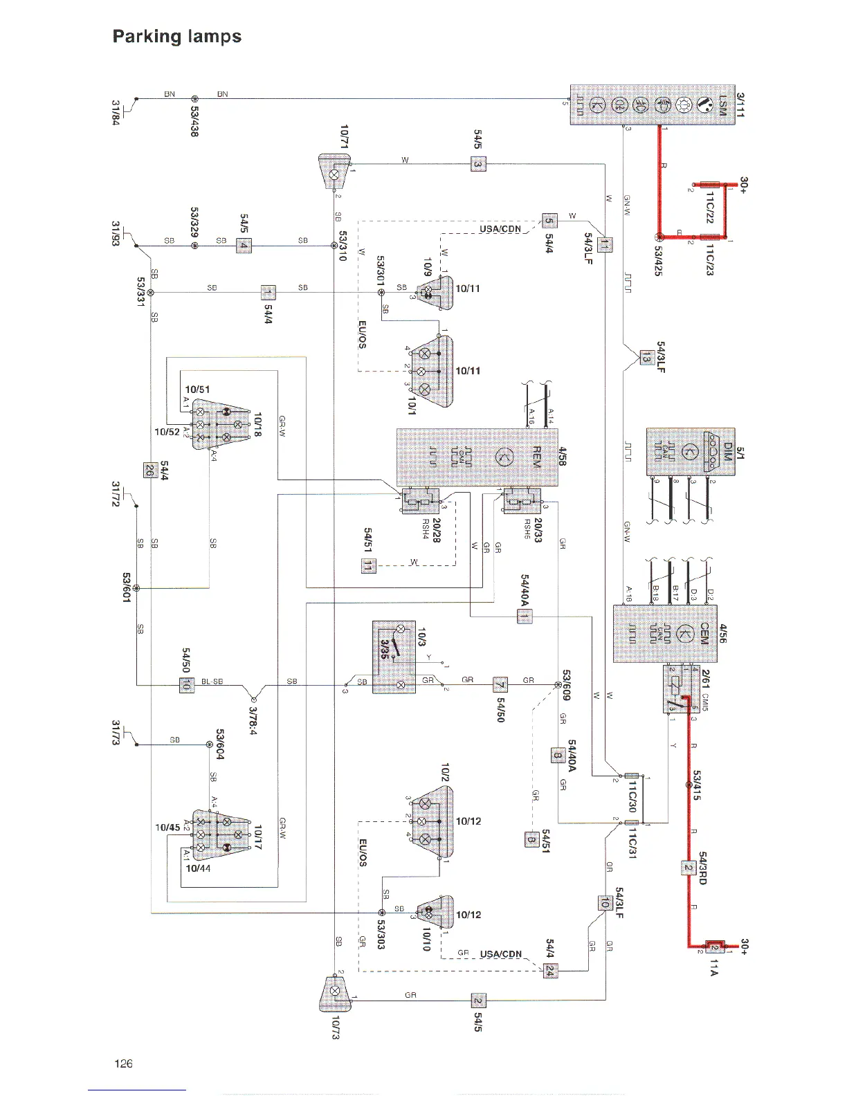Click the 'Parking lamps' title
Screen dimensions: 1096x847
click(177, 36)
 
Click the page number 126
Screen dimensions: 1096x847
click(123, 1063)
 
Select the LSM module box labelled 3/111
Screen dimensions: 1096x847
click(658, 104)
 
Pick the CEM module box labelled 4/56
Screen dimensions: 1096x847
click(667, 634)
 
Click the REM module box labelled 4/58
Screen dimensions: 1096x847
click(477, 457)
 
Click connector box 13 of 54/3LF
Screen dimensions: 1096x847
click(645, 358)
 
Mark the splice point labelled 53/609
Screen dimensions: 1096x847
click(558, 686)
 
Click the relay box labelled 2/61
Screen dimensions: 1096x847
click(679, 689)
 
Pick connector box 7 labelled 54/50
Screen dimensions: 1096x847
click(500, 686)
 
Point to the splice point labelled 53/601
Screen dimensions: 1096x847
click(136, 588)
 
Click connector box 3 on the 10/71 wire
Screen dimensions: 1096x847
click(478, 164)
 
